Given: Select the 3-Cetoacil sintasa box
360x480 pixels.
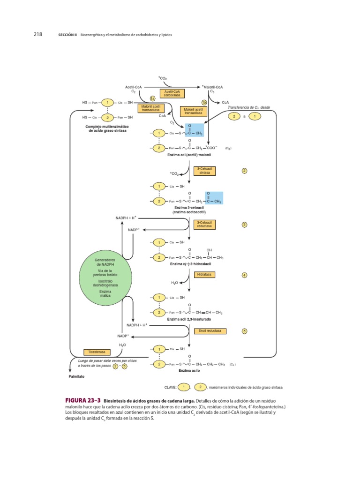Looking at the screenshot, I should (205, 171).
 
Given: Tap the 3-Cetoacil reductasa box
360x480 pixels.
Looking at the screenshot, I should (205, 224).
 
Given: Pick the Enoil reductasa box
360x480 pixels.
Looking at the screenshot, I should (210, 331).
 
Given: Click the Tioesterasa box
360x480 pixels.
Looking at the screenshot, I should (97, 352).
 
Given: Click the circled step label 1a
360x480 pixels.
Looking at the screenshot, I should (152, 98).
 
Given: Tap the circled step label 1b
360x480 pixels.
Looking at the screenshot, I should (204, 102).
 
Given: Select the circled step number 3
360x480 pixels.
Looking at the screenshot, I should (244, 225).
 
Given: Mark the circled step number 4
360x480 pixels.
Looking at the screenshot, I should (244, 275).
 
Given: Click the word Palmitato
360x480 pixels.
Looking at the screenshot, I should (77, 376).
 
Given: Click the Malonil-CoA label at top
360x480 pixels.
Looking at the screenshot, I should (213, 87).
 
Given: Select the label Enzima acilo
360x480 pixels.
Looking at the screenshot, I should (189, 370).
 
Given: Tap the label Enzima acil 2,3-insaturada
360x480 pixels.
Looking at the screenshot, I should (189, 319).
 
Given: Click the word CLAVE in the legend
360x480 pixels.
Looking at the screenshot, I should (170, 387).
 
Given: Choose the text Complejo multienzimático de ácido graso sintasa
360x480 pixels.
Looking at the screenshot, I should (108, 128).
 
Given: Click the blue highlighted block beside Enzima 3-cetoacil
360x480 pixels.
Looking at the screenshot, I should (214, 198).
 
